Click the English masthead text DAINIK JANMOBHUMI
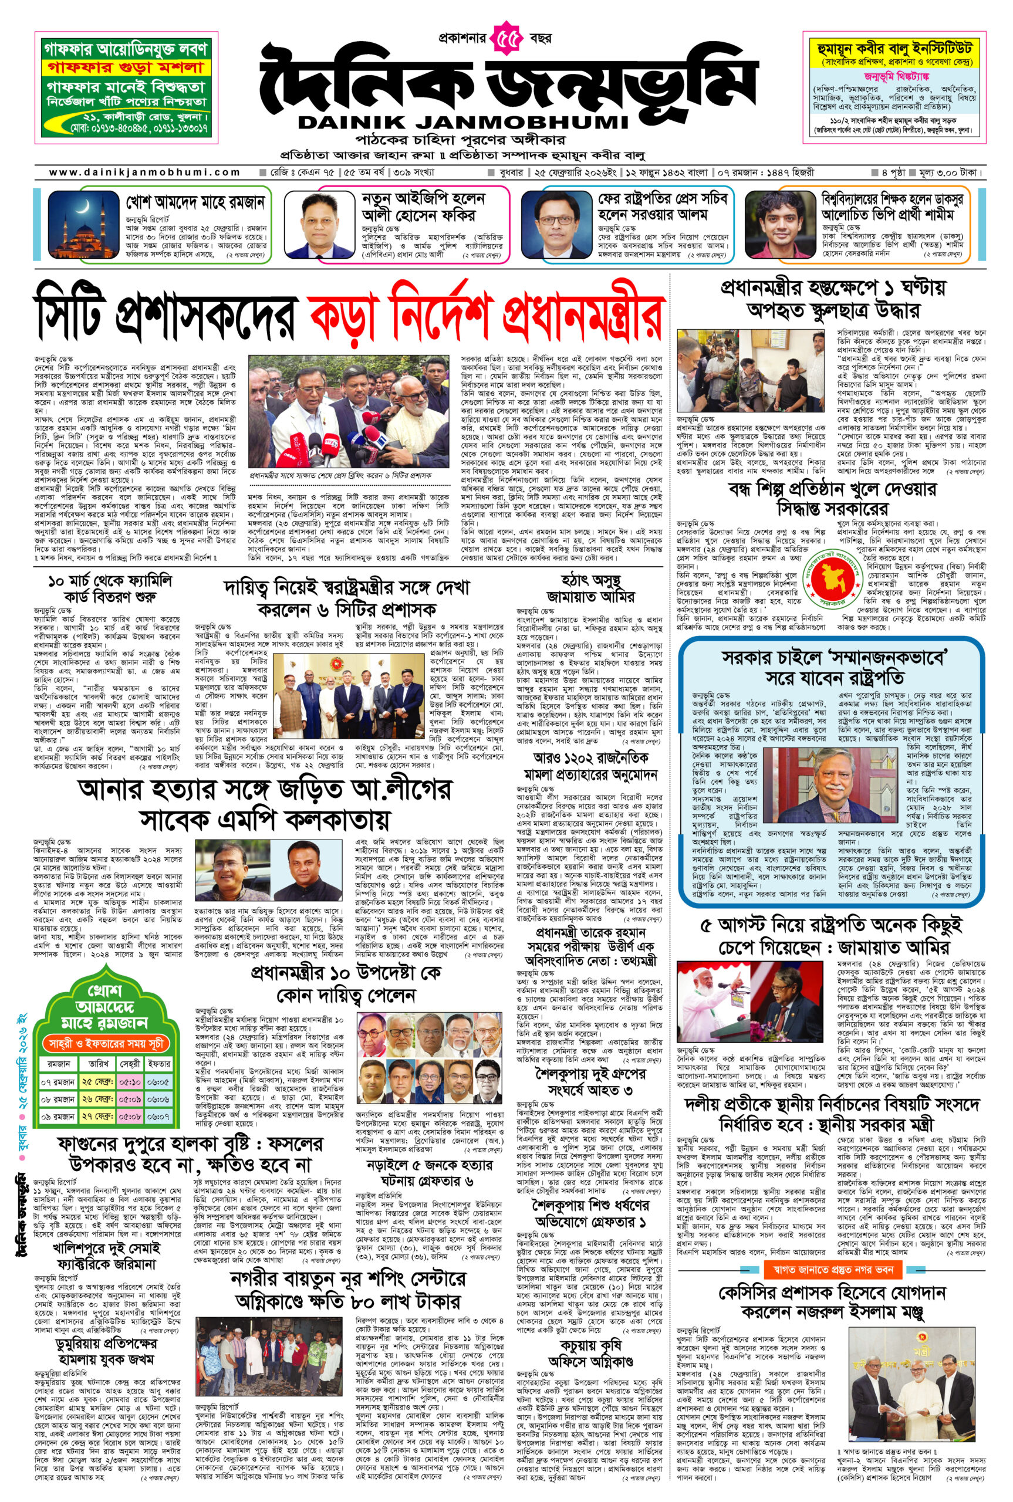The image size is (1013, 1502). pos(462,122)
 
